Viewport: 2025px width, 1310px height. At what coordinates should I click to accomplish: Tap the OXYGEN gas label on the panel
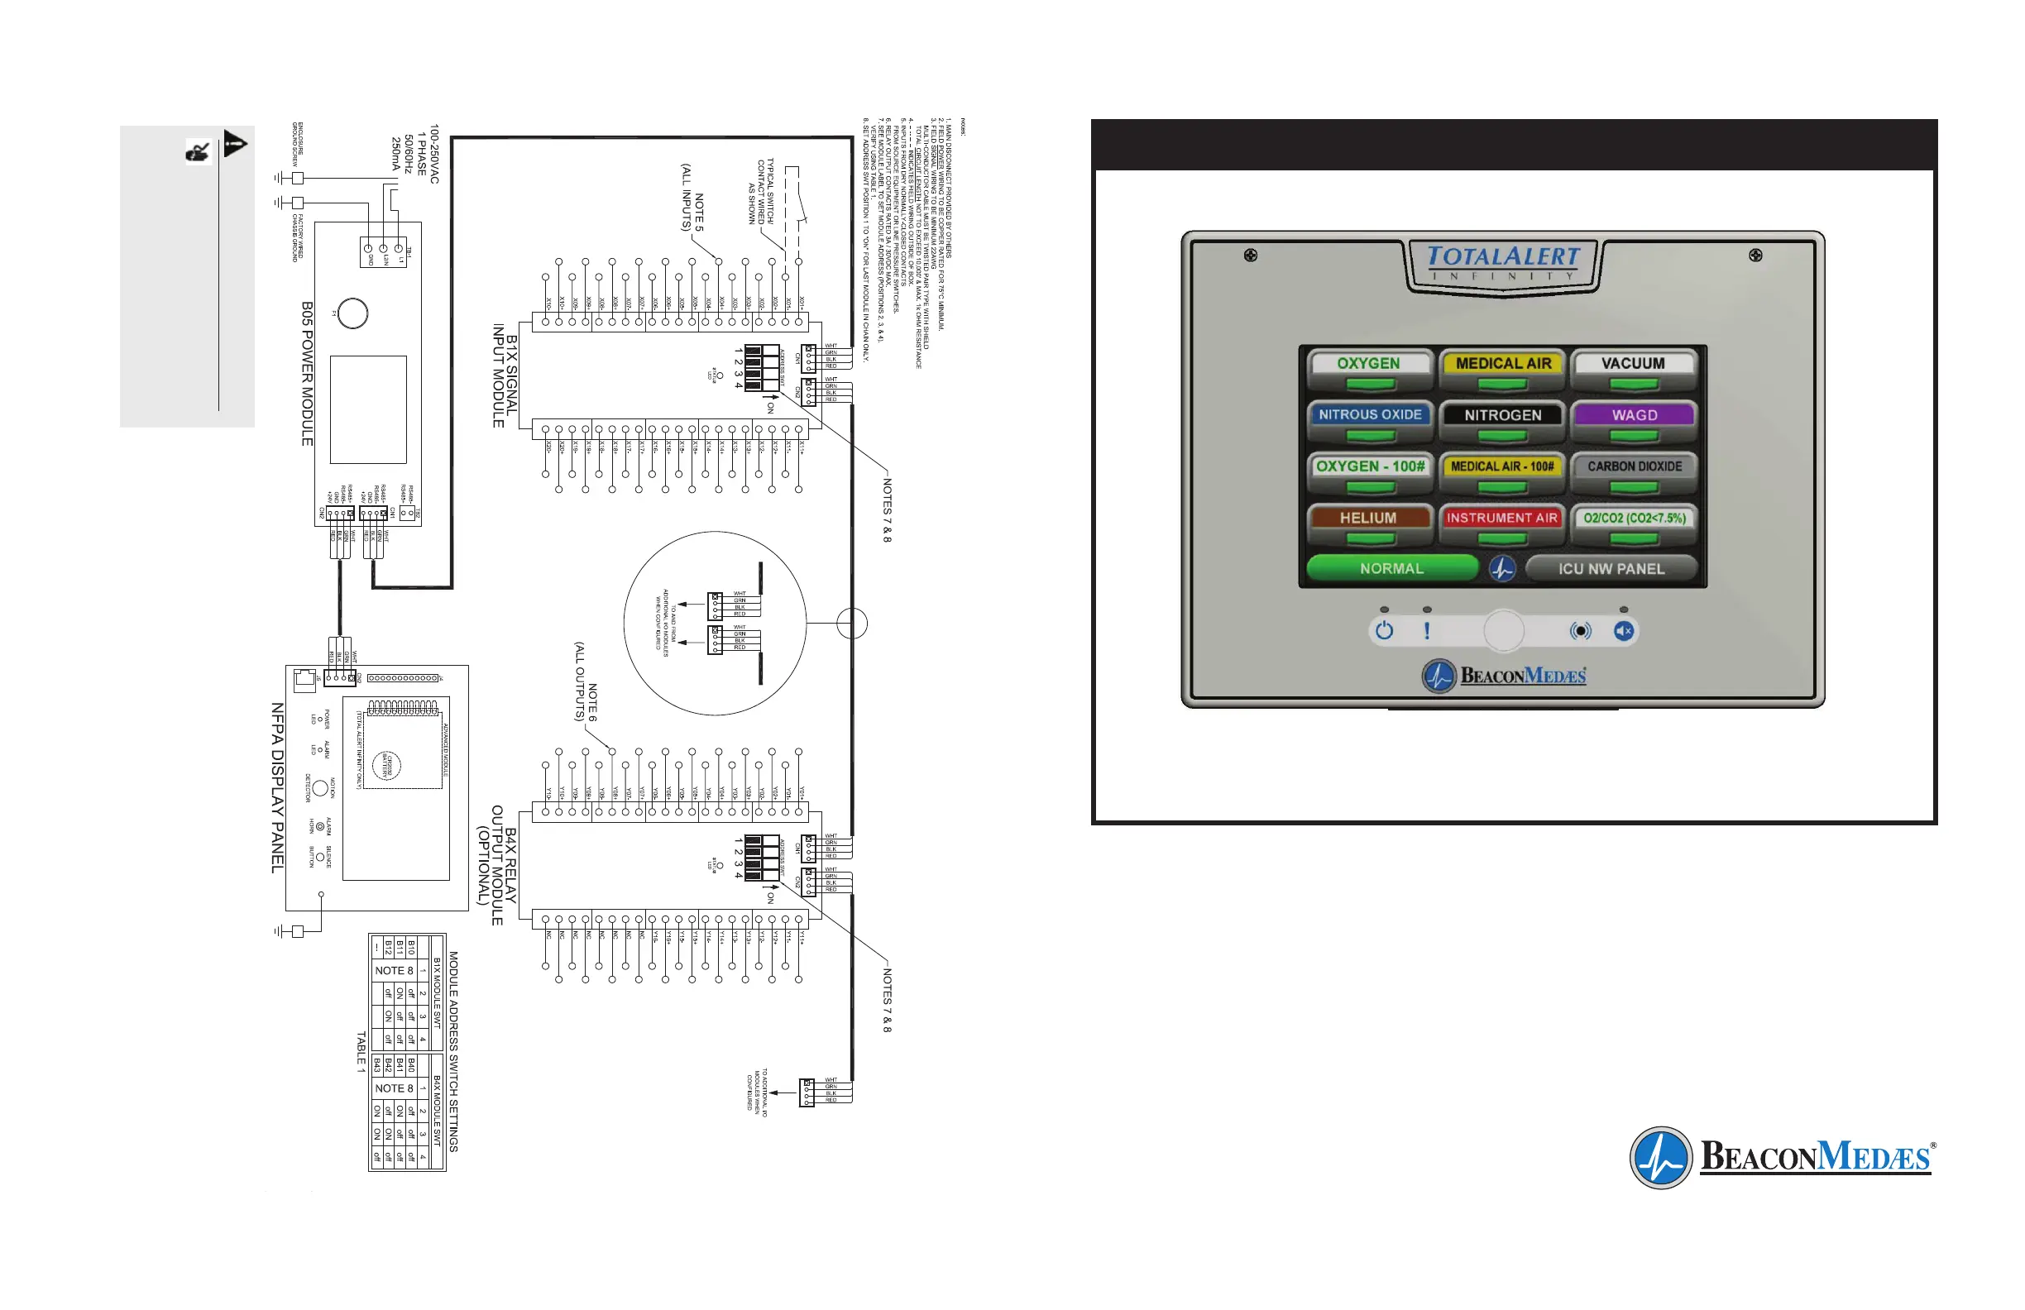[x=1368, y=363]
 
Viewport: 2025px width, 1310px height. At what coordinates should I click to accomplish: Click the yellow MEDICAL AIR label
[x=1502, y=363]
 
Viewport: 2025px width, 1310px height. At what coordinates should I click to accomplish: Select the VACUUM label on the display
[x=1633, y=363]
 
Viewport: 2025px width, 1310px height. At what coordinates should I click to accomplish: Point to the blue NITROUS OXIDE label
[x=1370, y=414]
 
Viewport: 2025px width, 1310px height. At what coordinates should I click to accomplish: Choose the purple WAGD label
[x=1634, y=415]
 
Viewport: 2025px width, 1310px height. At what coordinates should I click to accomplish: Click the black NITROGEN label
[x=1502, y=415]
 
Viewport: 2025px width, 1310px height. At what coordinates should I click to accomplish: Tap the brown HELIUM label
[x=1368, y=517]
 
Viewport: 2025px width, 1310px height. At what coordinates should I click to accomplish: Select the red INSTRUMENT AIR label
[x=1501, y=517]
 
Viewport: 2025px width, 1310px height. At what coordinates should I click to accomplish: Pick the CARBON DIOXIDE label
[x=1634, y=466]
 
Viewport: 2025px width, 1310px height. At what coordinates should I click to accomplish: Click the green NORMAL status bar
[x=1391, y=568]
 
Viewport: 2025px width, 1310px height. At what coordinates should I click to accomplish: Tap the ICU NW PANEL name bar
[x=1611, y=568]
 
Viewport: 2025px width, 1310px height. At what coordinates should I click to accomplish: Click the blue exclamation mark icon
[x=1427, y=630]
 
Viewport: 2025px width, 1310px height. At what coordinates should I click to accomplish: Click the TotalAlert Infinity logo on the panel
[x=1502, y=263]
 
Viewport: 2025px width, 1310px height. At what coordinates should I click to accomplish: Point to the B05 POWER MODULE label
[x=307, y=374]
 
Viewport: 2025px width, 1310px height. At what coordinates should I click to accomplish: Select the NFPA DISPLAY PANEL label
[x=277, y=786]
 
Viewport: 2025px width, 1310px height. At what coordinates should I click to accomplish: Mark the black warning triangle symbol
[x=235, y=144]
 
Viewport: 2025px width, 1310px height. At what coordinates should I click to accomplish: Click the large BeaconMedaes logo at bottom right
[x=1782, y=1158]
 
